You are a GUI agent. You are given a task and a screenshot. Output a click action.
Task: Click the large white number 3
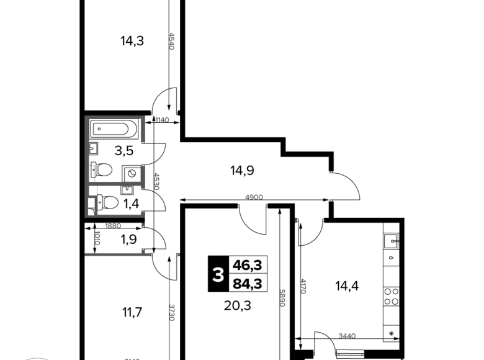[218, 274]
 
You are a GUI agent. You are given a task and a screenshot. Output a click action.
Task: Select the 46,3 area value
[247, 265]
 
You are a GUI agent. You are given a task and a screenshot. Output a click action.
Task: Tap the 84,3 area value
[247, 284]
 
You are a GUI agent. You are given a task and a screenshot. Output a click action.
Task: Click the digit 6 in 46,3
[243, 265]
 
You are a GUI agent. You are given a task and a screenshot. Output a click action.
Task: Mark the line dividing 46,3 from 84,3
[248, 274]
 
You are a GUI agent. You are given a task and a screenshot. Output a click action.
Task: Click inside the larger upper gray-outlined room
[115, 148]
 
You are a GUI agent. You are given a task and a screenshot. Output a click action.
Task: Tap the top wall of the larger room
[115, 117]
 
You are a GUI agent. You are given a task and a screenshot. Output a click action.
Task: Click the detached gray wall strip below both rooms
[118, 252]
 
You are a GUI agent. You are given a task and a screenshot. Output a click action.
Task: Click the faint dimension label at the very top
[174, 42]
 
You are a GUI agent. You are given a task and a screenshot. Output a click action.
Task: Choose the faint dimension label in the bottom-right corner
[347, 336]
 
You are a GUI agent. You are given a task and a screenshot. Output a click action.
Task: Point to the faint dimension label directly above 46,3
[253, 199]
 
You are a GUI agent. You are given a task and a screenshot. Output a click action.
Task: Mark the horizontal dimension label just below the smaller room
[114, 226]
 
